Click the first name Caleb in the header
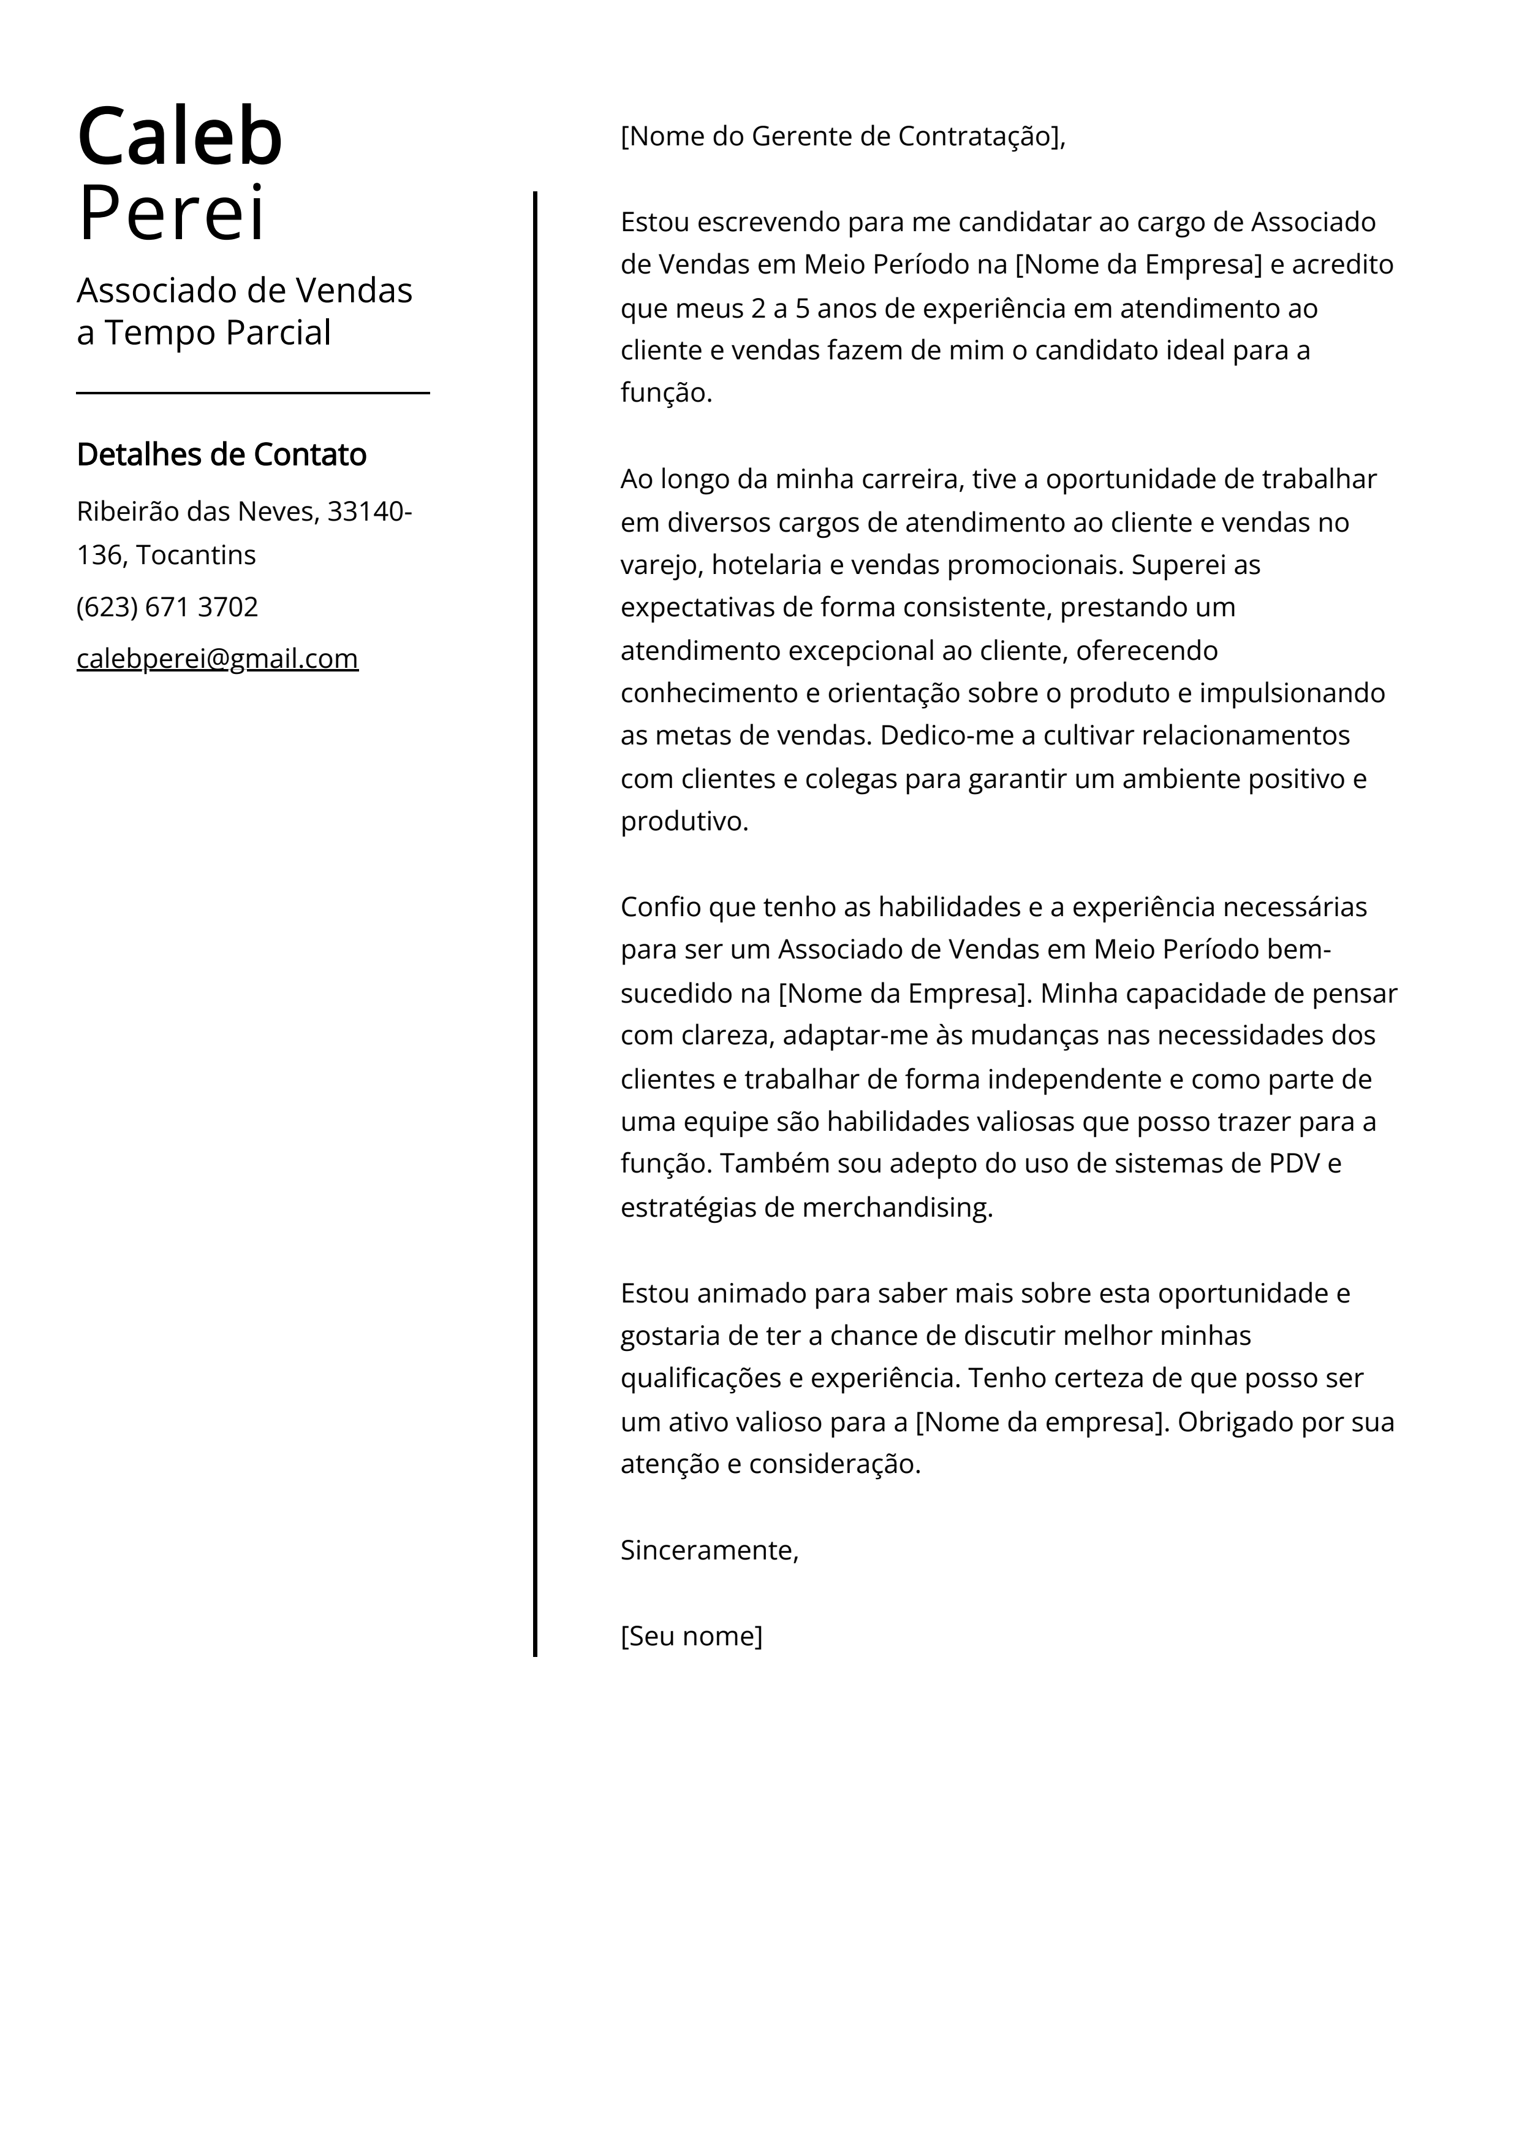[x=180, y=137]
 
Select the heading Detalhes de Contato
[x=221, y=455]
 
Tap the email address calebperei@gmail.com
[x=217, y=659]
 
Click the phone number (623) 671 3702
[x=167, y=608]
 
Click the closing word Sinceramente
[x=708, y=1551]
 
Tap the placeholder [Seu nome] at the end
[x=691, y=1636]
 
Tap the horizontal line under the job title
[x=252, y=393]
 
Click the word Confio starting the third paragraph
[x=660, y=908]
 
